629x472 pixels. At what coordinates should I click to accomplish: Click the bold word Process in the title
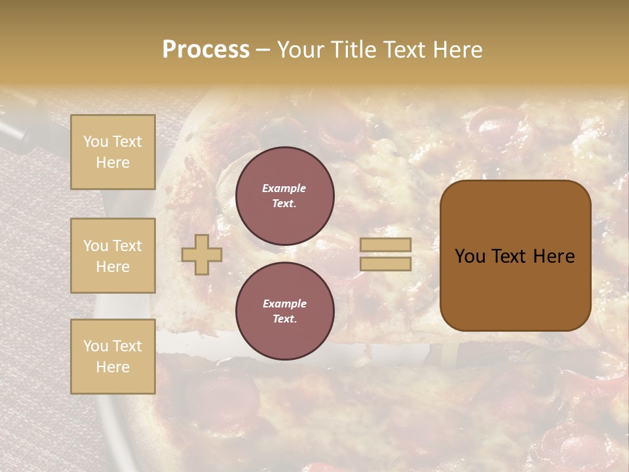tap(206, 50)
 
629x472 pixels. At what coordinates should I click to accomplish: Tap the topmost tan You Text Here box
tap(113, 152)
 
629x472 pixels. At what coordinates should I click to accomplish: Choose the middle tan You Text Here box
tap(113, 256)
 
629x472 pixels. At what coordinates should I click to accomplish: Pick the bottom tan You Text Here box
tap(113, 357)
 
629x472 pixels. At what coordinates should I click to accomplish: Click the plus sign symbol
tap(201, 254)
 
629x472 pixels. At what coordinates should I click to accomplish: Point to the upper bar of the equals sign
tap(385, 245)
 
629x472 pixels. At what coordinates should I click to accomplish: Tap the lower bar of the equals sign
tap(385, 264)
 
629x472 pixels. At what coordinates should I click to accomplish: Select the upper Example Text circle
tap(284, 196)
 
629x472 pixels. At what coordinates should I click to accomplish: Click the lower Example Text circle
tap(284, 311)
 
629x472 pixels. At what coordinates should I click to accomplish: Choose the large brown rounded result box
tap(515, 256)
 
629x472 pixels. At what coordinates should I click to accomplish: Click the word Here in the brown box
tap(554, 256)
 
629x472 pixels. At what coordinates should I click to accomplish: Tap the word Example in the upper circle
tap(284, 189)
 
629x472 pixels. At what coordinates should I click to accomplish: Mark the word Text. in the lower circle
tap(284, 319)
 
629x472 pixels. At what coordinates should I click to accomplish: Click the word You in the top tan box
tap(96, 142)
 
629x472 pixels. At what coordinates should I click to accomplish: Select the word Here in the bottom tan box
tap(113, 367)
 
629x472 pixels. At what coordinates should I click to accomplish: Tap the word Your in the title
tap(300, 50)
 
